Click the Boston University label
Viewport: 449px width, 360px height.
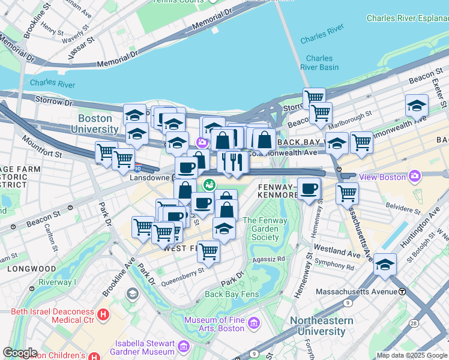pyautogui.click(x=95, y=124)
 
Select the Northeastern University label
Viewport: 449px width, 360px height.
pyautogui.click(x=322, y=326)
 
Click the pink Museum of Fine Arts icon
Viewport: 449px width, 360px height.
pyautogui.click(x=254, y=324)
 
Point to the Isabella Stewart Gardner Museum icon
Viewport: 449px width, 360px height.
pyautogui.click(x=183, y=347)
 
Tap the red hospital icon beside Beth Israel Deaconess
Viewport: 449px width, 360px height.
pyautogui.click(x=103, y=313)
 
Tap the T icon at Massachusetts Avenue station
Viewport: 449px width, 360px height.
pyautogui.click(x=402, y=291)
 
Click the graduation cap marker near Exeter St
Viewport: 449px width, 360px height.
pyautogui.click(x=416, y=106)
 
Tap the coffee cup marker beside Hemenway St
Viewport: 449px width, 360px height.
pyautogui.click(x=309, y=189)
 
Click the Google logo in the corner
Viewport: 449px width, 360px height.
pyautogui.click(x=20, y=353)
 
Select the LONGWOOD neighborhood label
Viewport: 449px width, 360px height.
pyautogui.click(x=31, y=269)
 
